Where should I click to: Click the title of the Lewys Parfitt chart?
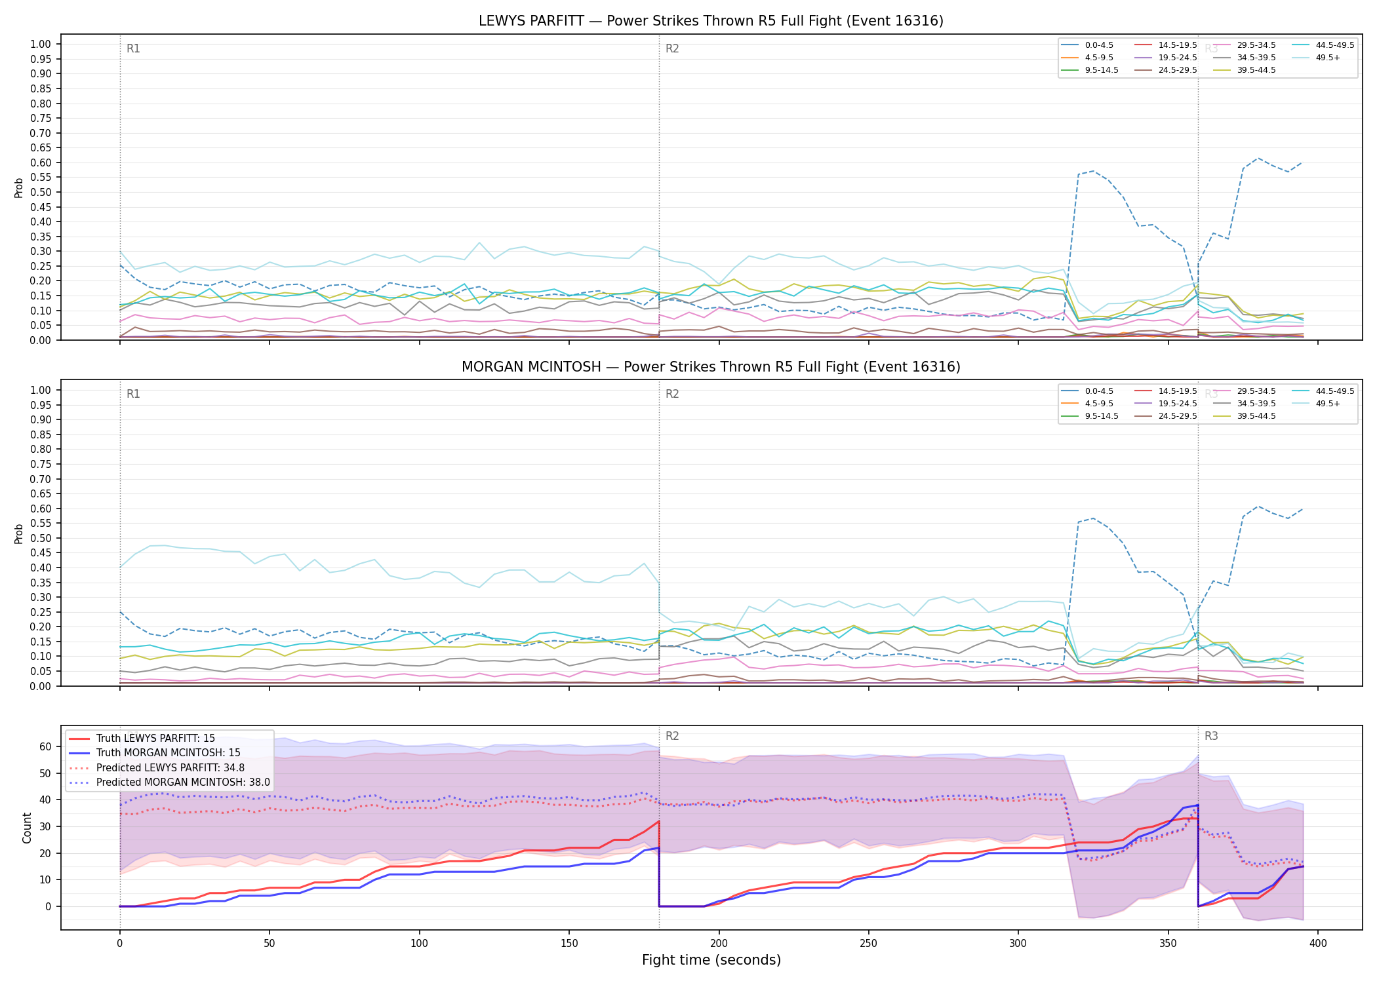(711, 21)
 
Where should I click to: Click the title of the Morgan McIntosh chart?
(711, 367)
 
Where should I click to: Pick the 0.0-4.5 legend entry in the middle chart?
(1088, 391)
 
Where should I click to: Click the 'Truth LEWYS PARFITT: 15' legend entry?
(142, 739)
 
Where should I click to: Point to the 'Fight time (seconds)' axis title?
(711, 960)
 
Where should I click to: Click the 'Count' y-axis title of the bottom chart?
(27, 828)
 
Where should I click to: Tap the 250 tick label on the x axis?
(868, 944)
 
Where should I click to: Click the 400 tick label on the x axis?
(1318, 944)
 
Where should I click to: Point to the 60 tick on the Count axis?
(45, 746)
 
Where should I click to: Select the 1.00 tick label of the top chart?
(41, 44)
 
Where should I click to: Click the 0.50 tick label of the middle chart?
(41, 538)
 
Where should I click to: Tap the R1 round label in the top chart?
(133, 48)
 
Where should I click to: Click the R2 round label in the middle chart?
(672, 394)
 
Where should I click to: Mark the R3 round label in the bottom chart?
(1211, 736)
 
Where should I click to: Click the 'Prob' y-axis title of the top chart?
(19, 187)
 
